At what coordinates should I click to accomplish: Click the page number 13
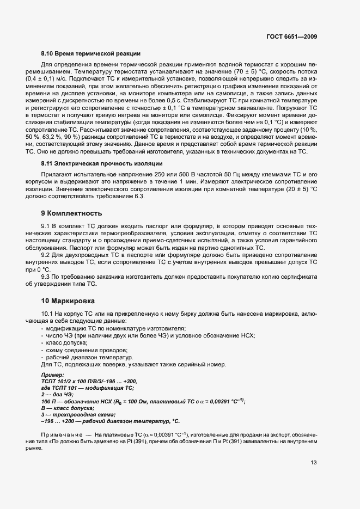coord(314,463)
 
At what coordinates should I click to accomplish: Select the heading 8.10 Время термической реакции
coord(91,53)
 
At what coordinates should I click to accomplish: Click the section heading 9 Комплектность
coord(72,213)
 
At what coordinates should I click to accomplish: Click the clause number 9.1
coord(46,225)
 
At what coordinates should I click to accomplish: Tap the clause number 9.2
coord(46,255)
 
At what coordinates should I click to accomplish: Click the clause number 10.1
coord(48,314)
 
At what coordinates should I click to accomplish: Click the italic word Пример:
coord(52,375)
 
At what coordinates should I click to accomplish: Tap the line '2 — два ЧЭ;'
coord(58,394)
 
